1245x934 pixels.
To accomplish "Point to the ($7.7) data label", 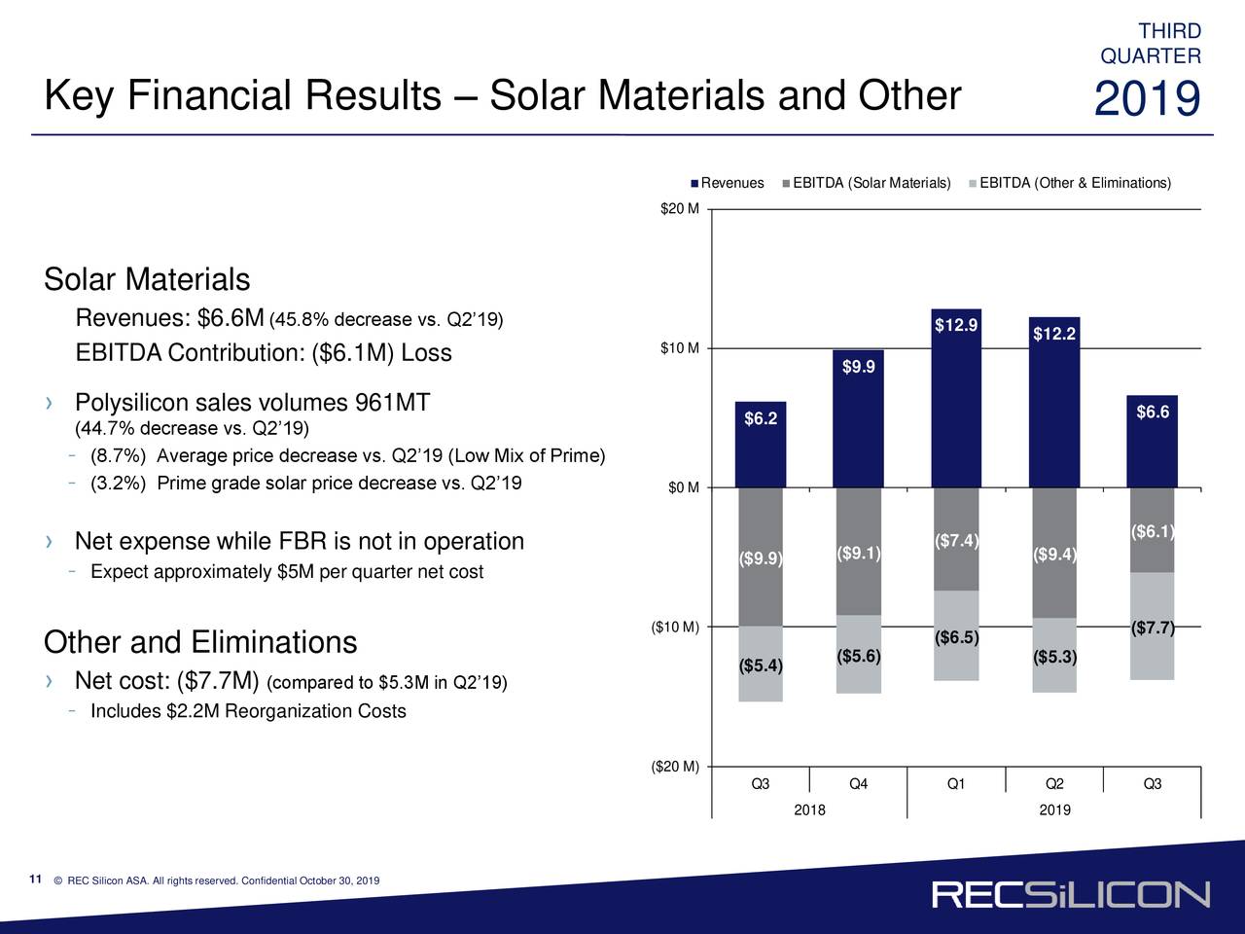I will click(1154, 628).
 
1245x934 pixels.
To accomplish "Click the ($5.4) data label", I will click(761, 665).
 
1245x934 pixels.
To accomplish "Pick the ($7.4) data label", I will click(956, 541).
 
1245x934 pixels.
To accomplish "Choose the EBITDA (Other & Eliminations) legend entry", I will click(1070, 184).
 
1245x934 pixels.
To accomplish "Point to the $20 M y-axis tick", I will click(679, 209).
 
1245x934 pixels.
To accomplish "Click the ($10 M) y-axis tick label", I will click(675, 626).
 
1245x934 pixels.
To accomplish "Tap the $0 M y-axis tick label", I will click(683, 487).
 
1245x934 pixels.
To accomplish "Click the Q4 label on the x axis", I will click(858, 785).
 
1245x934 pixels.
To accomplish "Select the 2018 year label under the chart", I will click(809, 810).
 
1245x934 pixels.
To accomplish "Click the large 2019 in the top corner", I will click(1148, 100).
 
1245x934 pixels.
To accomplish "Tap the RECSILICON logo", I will click(1071, 894).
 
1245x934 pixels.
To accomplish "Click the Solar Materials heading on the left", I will click(147, 280).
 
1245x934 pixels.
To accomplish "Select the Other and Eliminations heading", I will click(200, 643).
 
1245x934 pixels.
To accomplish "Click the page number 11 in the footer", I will click(35, 880).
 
